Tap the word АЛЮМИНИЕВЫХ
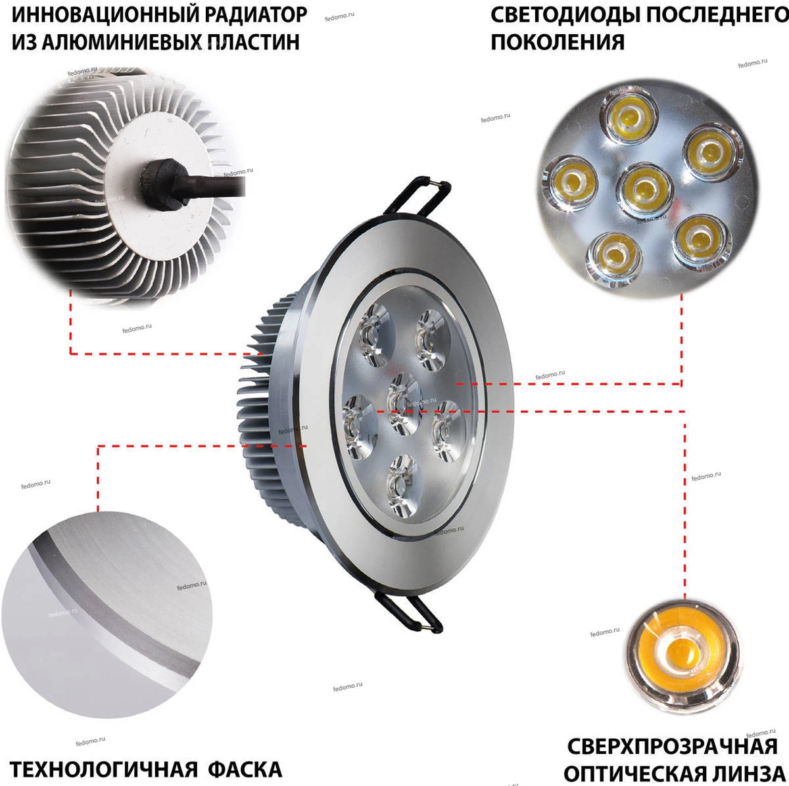pos(125,42)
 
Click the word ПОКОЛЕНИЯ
pos(558,42)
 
